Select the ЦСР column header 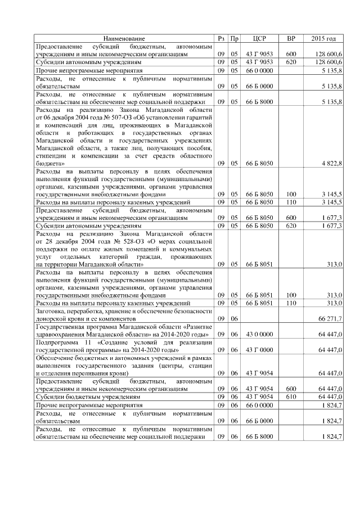(x=259, y=38)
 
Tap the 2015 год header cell (x=323, y=38)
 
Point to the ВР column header (x=291, y=38)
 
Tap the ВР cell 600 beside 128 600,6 (x=291, y=54)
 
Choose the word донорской (x=52, y=318)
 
